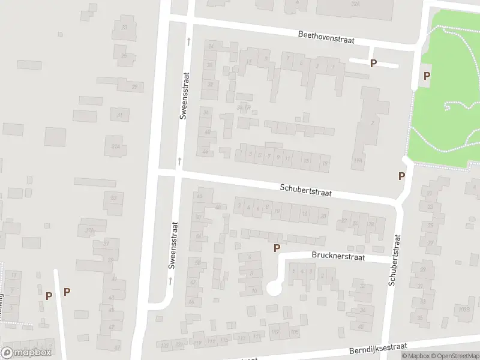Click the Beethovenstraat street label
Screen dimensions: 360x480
(326, 37)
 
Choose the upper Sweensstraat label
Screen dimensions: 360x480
(185, 96)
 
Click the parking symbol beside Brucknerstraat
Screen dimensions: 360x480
(277, 248)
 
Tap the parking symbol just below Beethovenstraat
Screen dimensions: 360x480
(373, 63)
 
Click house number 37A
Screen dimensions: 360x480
(91, 230)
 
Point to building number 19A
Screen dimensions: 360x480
(358, 160)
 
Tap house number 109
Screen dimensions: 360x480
(275, 332)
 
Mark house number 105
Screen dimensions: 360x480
(294, 332)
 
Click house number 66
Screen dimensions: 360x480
(191, 302)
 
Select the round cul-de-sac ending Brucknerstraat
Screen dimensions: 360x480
(274, 289)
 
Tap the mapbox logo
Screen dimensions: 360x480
(26, 353)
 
